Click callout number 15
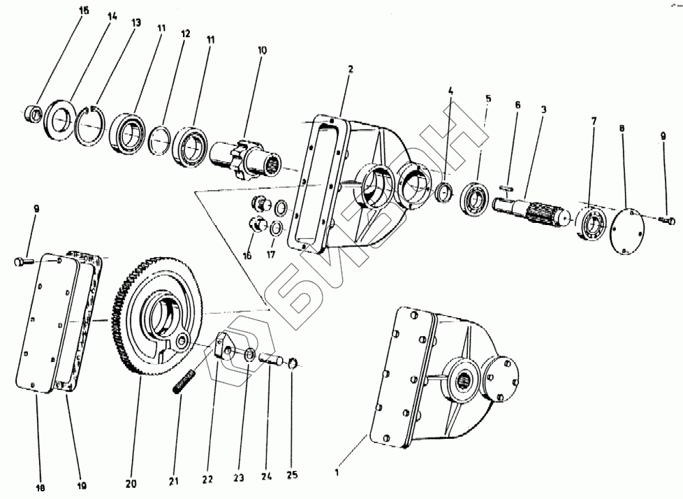(x=85, y=10)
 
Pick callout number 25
(x=292, y=475)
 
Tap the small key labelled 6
(x=508, y=187)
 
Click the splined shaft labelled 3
(x=531, y=210)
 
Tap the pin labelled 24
(x=272, y=363)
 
